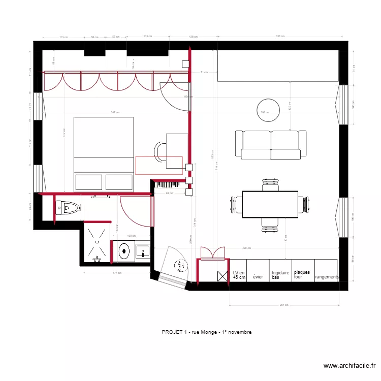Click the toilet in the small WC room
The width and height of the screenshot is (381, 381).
[x=68, y=207]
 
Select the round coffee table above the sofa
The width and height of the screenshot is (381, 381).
[x=268, y=110]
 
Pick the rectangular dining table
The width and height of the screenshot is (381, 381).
[x=270, y=204]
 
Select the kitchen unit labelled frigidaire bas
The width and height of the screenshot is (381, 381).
[x=281, y=275]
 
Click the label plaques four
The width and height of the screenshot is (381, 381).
[x=302, y=275]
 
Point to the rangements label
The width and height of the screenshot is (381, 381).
[x=327, y=277]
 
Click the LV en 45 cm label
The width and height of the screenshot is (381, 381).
[x=239, y=275]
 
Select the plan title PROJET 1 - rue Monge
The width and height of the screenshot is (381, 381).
[x=206, y=332]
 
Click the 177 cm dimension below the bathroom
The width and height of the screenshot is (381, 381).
[x=117, y=273]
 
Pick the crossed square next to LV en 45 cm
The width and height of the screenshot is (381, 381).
[x=223, y=276]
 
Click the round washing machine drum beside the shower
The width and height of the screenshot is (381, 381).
[x=124, y=250]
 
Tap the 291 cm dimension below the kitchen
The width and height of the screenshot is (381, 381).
[x=284, y=305]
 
